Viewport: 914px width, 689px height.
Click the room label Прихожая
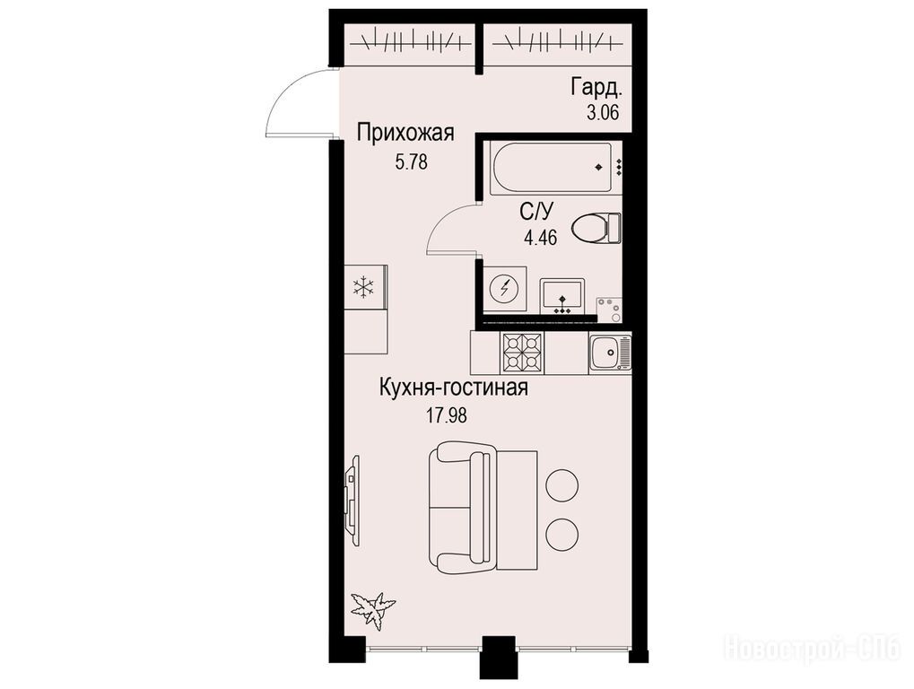[x=405, y=134]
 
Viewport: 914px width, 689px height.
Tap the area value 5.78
[x=412, y=162]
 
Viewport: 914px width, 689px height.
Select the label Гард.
[x=596, y=88]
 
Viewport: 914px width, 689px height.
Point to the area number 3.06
[x=602, y=112]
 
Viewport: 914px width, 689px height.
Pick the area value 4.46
[x=541, y=237]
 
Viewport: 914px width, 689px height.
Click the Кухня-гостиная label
[x=454, y=388]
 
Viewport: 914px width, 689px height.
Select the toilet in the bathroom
[x=596, y=228]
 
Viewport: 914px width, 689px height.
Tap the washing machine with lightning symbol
[x=505, y=290]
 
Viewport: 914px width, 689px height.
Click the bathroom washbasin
[x=561, y=296]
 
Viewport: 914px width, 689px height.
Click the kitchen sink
[x=610, y=353]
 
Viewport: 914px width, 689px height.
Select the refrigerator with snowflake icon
[x=365, y=287]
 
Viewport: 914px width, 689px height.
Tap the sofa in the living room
[x=462, y=506]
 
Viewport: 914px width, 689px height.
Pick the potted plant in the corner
[x=374, y=609]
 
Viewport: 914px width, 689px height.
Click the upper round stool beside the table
[x=561, y=484]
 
